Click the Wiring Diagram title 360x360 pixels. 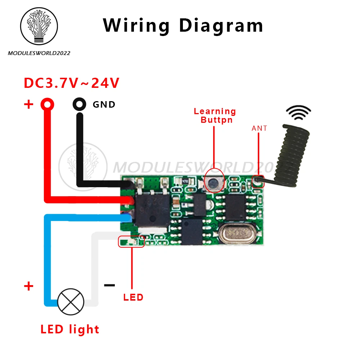point(183,26)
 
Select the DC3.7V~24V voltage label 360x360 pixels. point(71,84)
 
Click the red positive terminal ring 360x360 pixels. point(48,104)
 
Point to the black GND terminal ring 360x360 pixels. point(80,104)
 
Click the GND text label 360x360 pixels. point(104,105)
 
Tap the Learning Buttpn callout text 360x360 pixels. point(215,116)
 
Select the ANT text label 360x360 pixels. point(259,128)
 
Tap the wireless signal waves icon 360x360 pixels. point(298,112)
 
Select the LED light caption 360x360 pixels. point(70,329)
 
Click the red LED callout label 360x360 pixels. point(133,297)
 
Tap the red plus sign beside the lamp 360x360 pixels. point(28,287)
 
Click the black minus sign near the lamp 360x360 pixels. point(109,285)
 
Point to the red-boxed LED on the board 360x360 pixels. point(131,242)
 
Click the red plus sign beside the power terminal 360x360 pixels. point(28,104)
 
